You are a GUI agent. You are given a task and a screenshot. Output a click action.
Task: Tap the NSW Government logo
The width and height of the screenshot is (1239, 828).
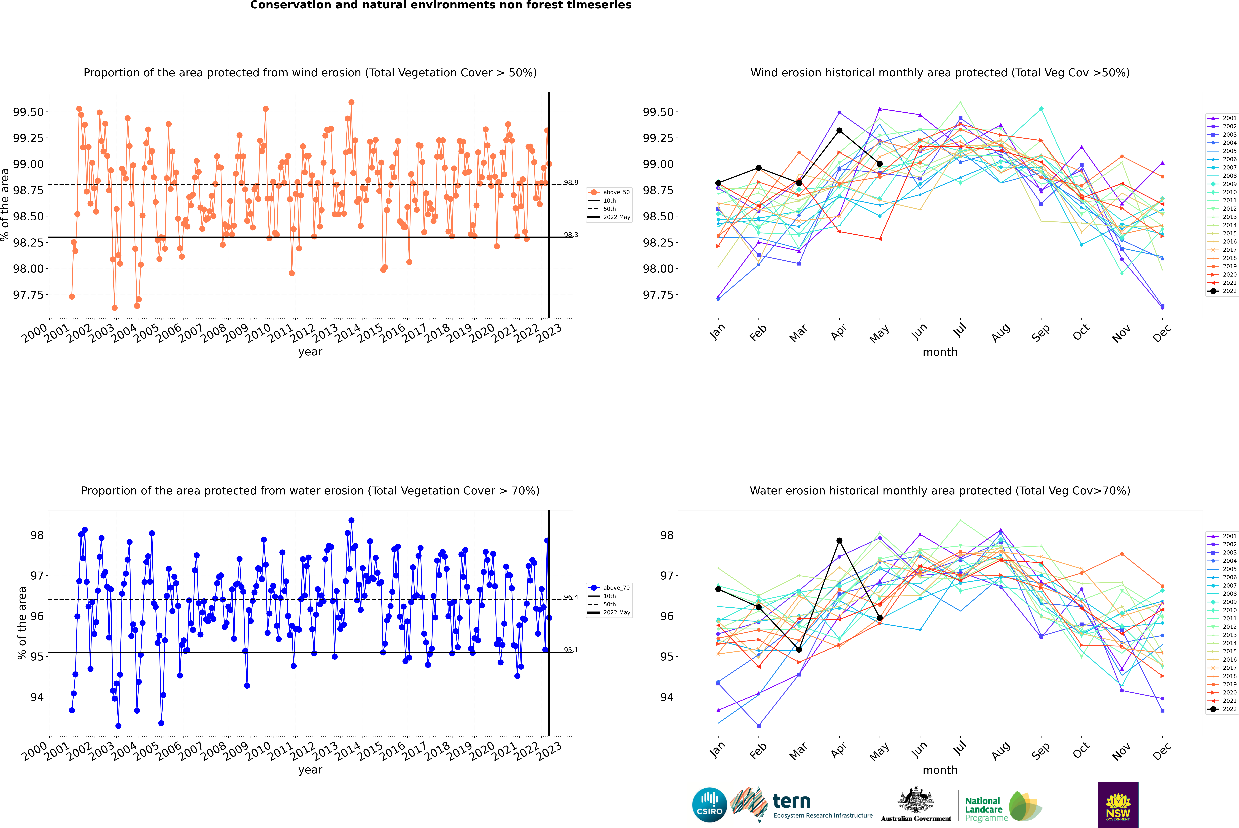pos(1118,804)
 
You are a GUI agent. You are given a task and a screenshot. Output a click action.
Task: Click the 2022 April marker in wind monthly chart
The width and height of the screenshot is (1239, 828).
pos(839,130)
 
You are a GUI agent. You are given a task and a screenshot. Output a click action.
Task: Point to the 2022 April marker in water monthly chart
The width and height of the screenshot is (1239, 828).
pos(839,541)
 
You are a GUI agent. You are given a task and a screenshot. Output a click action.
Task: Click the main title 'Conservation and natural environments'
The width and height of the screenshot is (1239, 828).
pos(441,5)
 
